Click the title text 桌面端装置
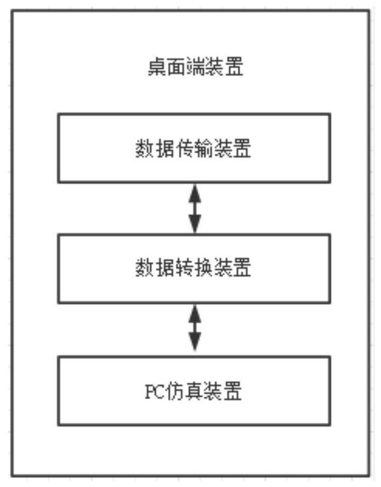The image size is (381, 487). click(x=195, y=66)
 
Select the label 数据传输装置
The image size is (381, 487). click(x=193, y=148)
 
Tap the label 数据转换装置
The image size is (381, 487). click(x=193, y=267)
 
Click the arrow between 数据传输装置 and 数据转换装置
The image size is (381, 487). click(x=195, y=208)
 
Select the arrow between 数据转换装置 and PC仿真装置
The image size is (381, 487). click(x=195, y=328)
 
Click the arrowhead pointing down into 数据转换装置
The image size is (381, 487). click(x=195, y=224)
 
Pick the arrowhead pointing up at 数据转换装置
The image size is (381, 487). click(x=195, y=313)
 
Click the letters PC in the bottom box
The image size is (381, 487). click(x=155, y=392)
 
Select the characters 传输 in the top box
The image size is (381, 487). click(x=193, y=148)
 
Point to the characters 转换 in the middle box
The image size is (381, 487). click(x=193, y=267)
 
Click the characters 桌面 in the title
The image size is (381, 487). click(x=166, y=66)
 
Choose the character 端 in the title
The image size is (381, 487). click(x=195, y=66)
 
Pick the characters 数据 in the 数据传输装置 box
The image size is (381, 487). click(x=155, y=148)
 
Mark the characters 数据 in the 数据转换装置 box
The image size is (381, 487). click(x=155, y=267)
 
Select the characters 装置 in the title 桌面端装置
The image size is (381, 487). click(x=224, y=66)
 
